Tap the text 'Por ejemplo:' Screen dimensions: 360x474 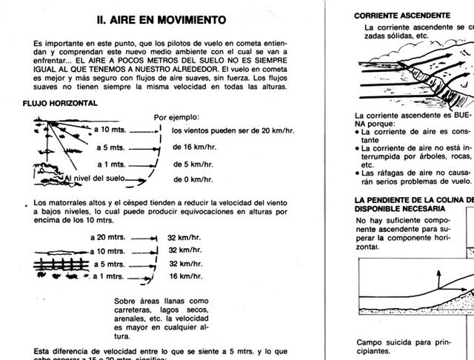tap(176, 117)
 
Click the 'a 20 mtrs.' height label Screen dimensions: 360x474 tap(107, 238)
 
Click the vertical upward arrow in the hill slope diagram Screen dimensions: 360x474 tap(438, 280)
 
